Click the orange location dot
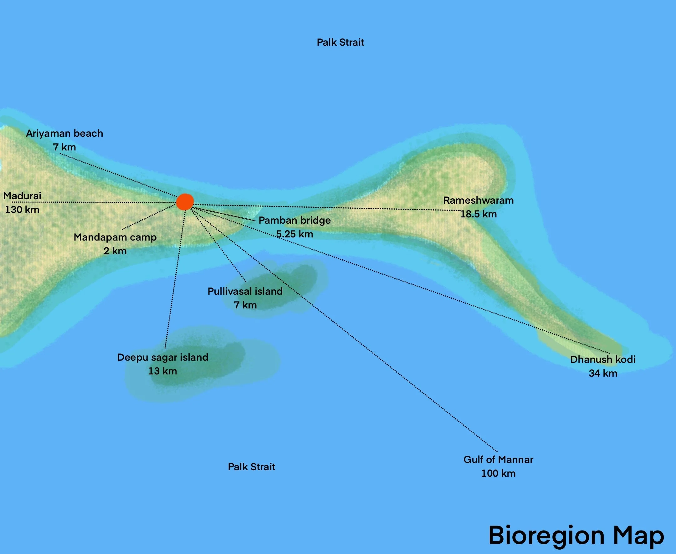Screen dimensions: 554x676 (x=185, y=202)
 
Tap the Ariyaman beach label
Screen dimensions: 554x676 (x=64, y=133)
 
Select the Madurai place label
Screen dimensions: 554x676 (x=22, y=196)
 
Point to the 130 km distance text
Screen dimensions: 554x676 (x=22, y=210)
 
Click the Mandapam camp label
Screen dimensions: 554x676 (x=115, y=237)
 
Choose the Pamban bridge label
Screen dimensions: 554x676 (x=294, y=220)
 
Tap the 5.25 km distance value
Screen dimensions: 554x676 (x=294, y=234)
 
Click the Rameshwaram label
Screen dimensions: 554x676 (x=478, y=201)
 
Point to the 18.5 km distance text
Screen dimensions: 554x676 (x=478, y=214)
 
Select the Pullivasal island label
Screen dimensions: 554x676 (x=245, y=291)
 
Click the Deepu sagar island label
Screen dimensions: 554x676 (x=162, y=357)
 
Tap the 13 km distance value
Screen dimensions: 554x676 (x=162, y=371)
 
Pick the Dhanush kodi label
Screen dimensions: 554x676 (x=603, y=359)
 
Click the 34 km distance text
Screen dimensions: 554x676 (x=603, y=373)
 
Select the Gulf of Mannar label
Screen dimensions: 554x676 (x=498, y=460)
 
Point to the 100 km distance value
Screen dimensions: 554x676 (x=498, y=473)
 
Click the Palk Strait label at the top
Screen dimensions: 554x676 (x=341, y=43)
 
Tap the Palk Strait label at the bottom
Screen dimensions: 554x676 (x=251, y=467)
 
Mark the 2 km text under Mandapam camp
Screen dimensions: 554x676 (x=115, y=251)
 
